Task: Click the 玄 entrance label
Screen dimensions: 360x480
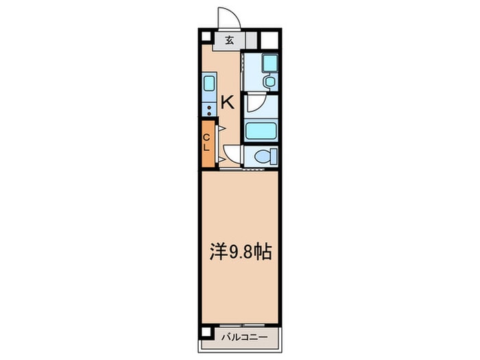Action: tap(229, 40)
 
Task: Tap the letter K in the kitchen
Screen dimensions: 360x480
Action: tap(227, 103)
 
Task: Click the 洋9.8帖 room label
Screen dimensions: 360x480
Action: tap(240, 252)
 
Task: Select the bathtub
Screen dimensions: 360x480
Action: tap(261, 130)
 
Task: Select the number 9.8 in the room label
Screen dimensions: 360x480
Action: tap(240, 252)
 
